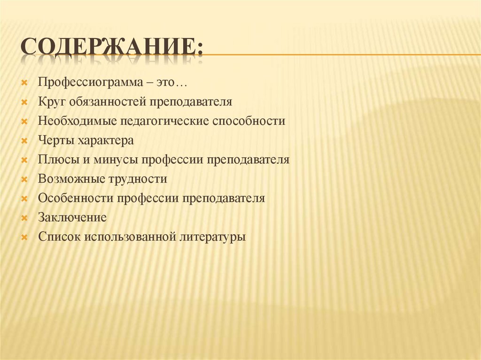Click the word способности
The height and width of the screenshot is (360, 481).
(249, 121)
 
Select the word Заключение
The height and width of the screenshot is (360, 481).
(73, 218)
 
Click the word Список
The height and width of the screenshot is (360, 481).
(60, 237)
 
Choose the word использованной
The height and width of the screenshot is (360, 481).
(130, 237)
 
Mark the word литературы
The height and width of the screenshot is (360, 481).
(213, 237)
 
